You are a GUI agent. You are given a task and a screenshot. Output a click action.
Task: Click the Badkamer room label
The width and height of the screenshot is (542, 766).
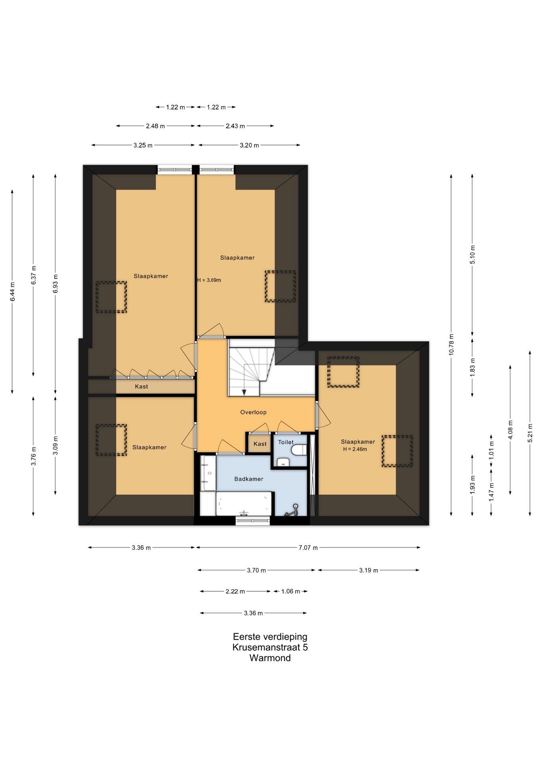249,479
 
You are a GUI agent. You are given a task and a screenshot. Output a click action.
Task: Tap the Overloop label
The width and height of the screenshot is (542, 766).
253,412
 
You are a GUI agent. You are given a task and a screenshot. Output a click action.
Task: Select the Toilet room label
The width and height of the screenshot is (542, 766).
286,442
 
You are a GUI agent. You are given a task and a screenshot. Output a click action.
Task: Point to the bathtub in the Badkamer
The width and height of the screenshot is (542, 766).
244,503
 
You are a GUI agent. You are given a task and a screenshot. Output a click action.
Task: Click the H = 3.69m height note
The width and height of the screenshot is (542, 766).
209,280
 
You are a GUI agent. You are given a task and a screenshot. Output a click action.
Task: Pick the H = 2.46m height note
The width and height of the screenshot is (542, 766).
355,449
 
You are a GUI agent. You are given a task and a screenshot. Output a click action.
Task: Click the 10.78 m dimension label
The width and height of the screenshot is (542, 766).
451,344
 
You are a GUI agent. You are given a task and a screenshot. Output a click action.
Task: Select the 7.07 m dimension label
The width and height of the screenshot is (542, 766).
308,548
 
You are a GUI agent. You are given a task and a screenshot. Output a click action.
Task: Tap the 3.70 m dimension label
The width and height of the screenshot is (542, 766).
256,570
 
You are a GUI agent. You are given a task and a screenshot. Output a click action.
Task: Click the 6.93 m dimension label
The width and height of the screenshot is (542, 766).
55,284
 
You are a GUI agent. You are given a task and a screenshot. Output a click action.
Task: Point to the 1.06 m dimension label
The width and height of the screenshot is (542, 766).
291,591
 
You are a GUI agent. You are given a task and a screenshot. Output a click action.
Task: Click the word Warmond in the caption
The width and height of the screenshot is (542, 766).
270,658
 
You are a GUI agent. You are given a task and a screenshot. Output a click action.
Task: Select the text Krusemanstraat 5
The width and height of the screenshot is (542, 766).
270,647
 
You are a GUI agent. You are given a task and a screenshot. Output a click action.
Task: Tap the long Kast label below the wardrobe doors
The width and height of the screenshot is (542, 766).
141,387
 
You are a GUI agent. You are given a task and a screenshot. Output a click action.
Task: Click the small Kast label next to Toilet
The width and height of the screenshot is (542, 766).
260,444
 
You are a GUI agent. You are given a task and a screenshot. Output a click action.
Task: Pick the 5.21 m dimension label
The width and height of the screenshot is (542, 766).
530,432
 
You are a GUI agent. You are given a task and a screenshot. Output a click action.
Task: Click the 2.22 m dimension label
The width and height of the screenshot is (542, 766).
235,591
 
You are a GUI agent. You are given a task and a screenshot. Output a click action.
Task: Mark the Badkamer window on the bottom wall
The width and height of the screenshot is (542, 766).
253,520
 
